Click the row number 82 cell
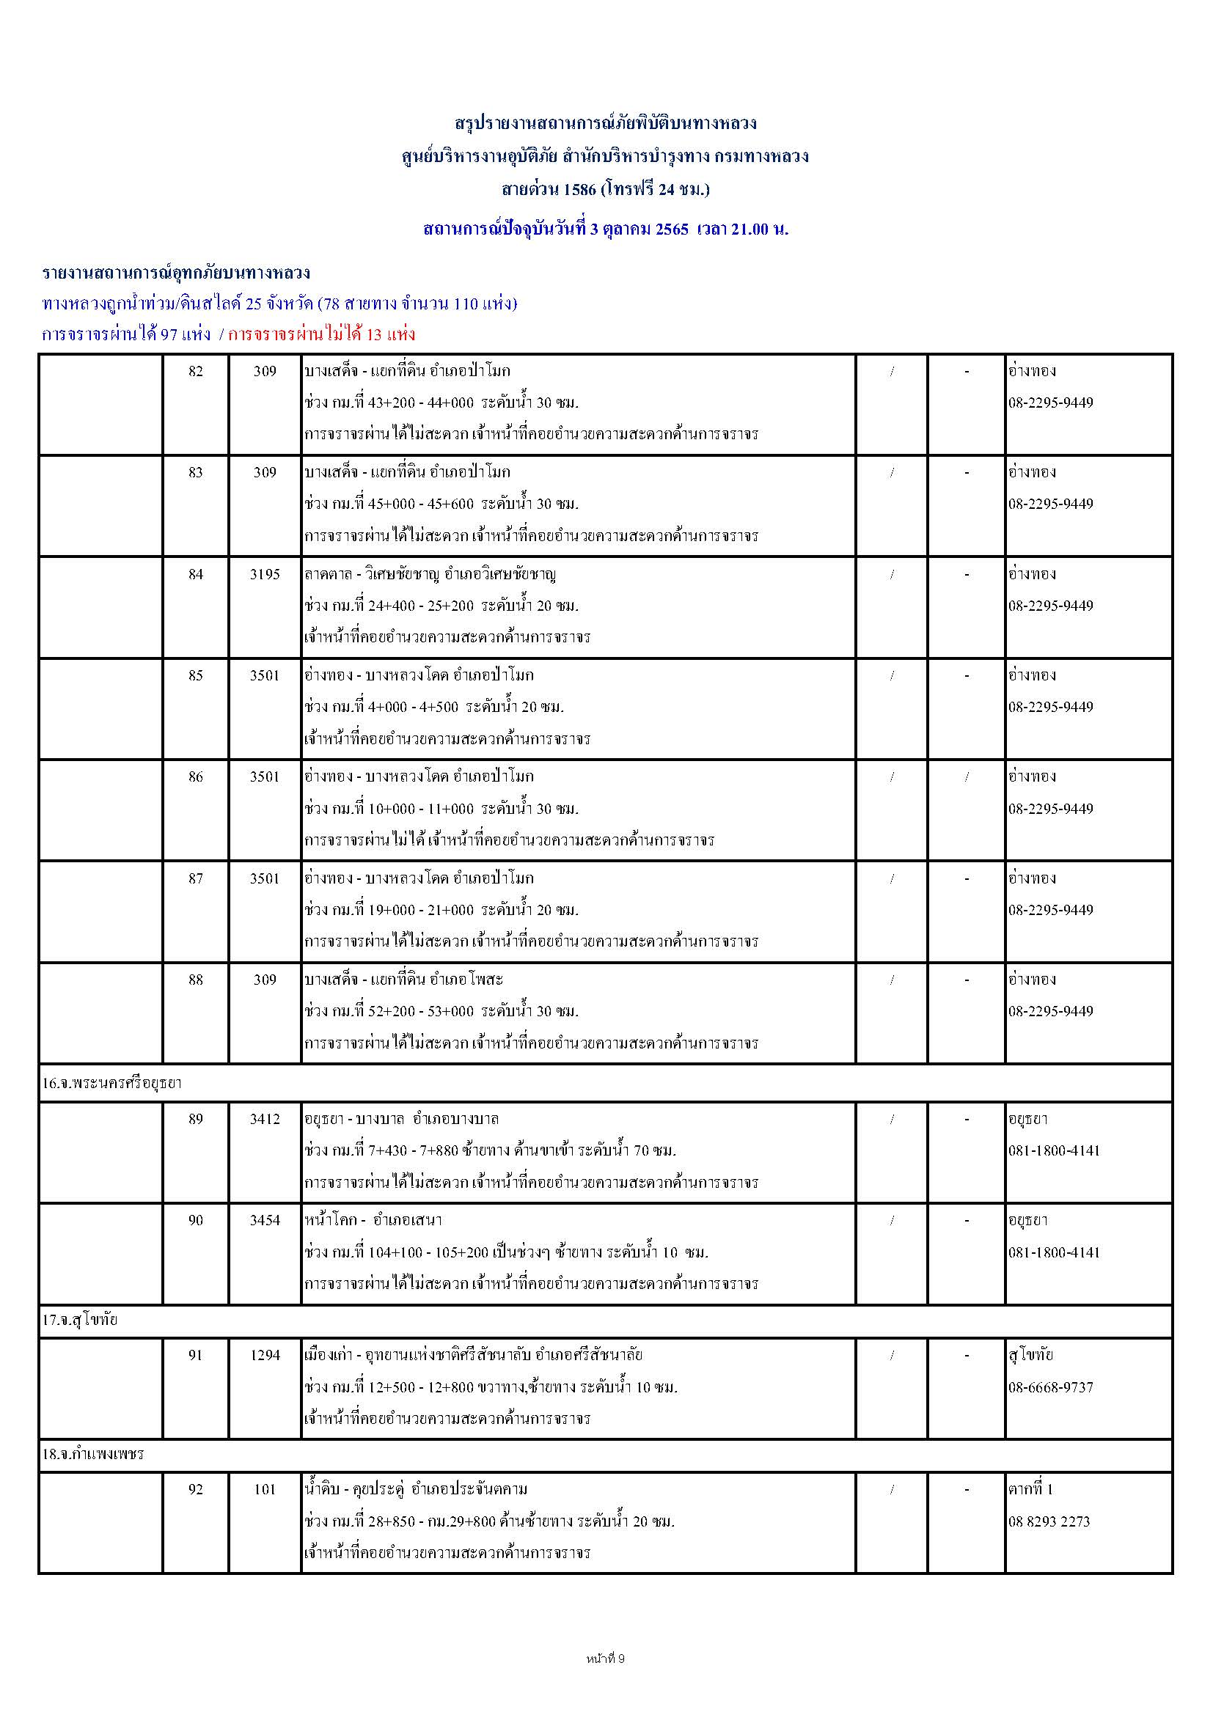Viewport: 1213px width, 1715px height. tap(196, 371)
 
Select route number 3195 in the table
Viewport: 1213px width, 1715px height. tap(265, 574)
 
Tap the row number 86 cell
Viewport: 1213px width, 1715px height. tap(196, 776)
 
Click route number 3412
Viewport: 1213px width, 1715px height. tap(265, 1119)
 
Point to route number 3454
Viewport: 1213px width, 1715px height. tap(265, 1220)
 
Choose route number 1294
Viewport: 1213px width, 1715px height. tap(265, 1354)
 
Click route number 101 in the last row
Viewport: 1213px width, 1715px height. tap(265, 1488)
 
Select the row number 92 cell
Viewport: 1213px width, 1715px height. tap(196, 1488)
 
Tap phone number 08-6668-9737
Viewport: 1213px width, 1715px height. tap(1050, 1387)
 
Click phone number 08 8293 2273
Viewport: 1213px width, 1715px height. tap(1049, 1521)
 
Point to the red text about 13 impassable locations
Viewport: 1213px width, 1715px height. tap(322, 334)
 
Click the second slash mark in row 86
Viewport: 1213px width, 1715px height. tap(967, 776)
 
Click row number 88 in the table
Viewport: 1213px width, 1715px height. tap(196, 980)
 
